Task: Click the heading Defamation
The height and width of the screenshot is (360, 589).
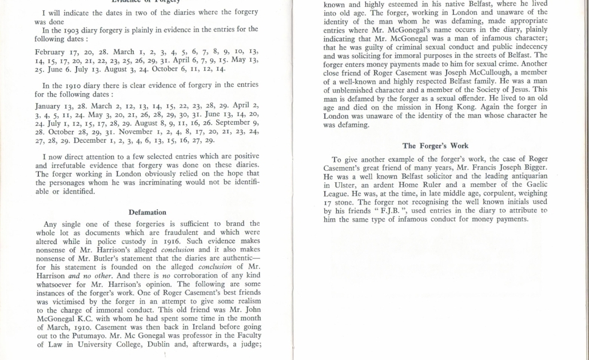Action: click(x=148, y=212)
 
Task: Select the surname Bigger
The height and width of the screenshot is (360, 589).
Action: click(x=518, y=167)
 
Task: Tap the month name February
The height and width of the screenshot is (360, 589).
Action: click(x=52, y=52)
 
